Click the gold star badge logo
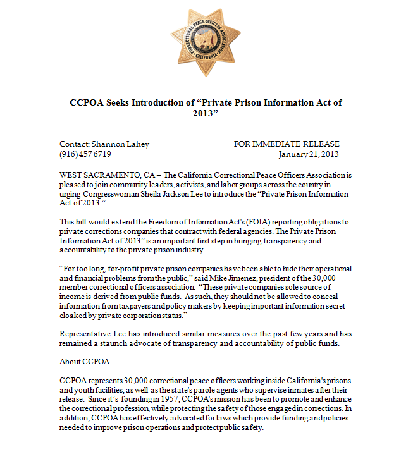[x=205, y=42]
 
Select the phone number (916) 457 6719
[x=85, y=154]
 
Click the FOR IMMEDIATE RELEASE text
[x=287, y=144]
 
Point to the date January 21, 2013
[x=309, y=154]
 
